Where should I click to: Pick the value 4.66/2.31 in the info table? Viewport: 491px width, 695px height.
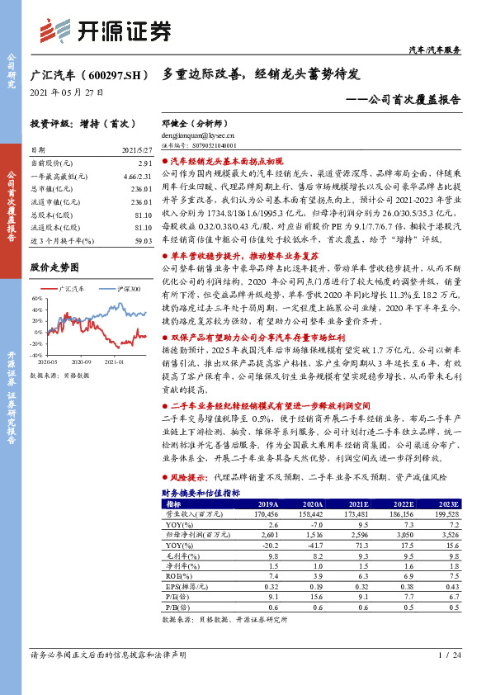(139, 177)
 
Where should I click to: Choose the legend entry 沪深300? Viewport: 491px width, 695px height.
(125, 289)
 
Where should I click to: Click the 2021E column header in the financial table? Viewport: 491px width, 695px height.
(358, 503)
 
